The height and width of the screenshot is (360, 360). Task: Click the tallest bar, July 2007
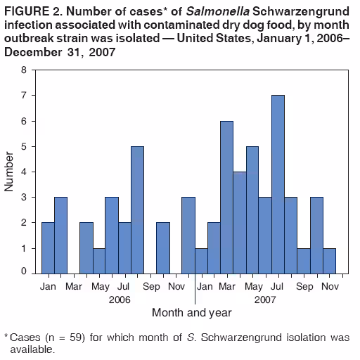pos(278,184)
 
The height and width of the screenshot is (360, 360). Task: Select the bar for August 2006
pos(137,210)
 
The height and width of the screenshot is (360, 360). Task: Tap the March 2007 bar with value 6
pos(226,197)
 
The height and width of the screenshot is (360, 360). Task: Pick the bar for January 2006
pos(48,247)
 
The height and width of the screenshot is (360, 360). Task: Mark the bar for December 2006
pos(188,235)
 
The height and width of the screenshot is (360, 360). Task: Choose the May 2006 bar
pos(98,260)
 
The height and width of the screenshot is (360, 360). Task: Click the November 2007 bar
pos(329,260)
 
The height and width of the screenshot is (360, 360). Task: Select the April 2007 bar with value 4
pos(239,222)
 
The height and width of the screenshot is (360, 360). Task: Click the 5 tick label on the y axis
pos(24,147)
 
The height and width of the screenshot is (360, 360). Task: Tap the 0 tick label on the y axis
pos(24,271)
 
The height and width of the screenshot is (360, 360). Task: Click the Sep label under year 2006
pos(150,287)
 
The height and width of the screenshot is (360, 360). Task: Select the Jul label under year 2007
pos(278,287)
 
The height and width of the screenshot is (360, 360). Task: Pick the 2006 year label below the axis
pos(120,299)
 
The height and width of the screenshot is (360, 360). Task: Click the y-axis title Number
pos(10,171)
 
